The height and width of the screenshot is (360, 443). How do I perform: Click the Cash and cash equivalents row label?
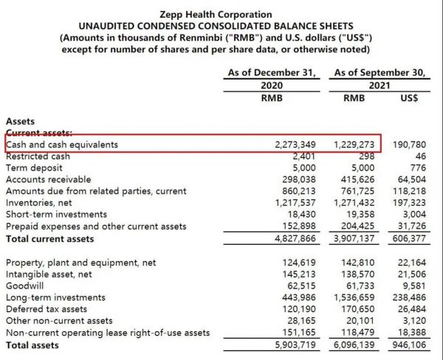(x=62, y=145)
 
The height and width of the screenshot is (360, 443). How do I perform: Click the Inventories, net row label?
(x=44, y=203)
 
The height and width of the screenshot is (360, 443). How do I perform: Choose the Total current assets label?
(x=50, y=238)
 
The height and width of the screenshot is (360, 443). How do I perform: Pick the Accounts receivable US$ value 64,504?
(x=412, y=179)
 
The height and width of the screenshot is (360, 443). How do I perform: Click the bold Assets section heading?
(x=20, y=120)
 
